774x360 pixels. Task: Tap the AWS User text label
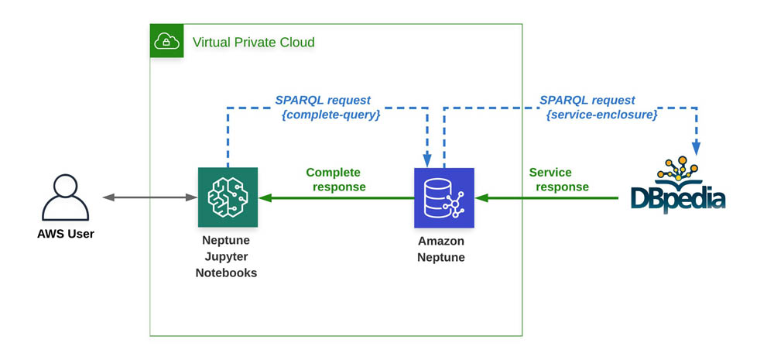(x=66, y=233)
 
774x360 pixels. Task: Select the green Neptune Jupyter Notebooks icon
(x=228, y=197)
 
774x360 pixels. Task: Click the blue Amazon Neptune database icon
(x=444, y=198)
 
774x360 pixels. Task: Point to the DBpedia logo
(x=678, y=186)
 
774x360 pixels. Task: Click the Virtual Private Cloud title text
(x=254, y=42)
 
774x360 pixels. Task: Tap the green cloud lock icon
(x=166, y=41)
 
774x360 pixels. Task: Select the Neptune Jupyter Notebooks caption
(x=226, y=257)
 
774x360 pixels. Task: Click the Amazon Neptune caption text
(x=442, y=249)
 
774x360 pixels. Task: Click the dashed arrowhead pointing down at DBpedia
(x=697, y=147)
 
